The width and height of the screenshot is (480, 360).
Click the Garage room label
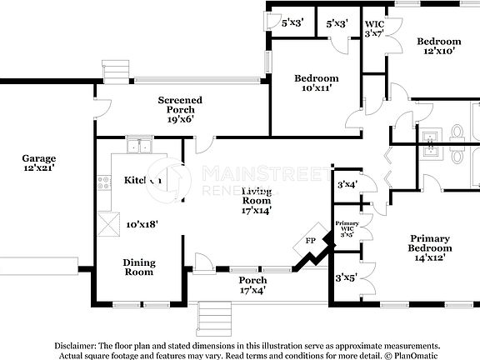point(39,158)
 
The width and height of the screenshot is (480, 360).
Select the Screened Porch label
point(180,105)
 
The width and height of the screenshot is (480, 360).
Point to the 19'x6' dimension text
point(180,119)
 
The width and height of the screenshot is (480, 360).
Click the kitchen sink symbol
point(139,147)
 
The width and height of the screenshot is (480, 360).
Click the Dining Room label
point(139,267)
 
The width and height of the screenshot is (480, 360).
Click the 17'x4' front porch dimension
point(252,292)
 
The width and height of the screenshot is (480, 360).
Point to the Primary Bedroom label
point(429,242)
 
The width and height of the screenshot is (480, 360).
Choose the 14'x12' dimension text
point(429,258)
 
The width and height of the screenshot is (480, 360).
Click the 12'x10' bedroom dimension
point(438,52)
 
